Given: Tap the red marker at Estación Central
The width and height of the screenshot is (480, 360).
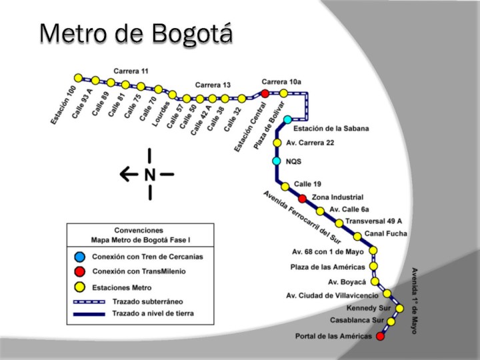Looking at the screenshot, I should tap(265, 93).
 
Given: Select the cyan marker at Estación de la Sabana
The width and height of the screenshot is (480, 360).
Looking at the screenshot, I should tap(287, 120).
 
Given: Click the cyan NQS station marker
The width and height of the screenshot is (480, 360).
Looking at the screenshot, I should tap(277, 161).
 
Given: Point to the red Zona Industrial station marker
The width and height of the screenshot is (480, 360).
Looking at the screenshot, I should tap(302, 198).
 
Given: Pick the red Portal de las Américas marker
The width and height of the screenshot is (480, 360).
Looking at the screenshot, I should tap(380, 336).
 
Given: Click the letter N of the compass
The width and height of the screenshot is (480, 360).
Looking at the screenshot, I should tap(149, 175).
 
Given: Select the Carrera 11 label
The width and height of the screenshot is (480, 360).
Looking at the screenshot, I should tap(131, 71).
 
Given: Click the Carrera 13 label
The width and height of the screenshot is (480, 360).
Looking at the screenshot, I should tap(213, 85).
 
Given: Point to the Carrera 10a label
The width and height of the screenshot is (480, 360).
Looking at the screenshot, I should tap(281, 81).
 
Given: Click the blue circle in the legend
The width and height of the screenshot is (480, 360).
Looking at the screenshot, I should tap(80, 256).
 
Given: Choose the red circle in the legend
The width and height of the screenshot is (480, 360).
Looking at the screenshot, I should tap(80, 271).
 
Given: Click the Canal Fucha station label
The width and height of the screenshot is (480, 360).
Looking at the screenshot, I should tap(385, 233).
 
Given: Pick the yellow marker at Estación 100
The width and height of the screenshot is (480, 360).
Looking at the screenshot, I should tap(79, 78).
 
